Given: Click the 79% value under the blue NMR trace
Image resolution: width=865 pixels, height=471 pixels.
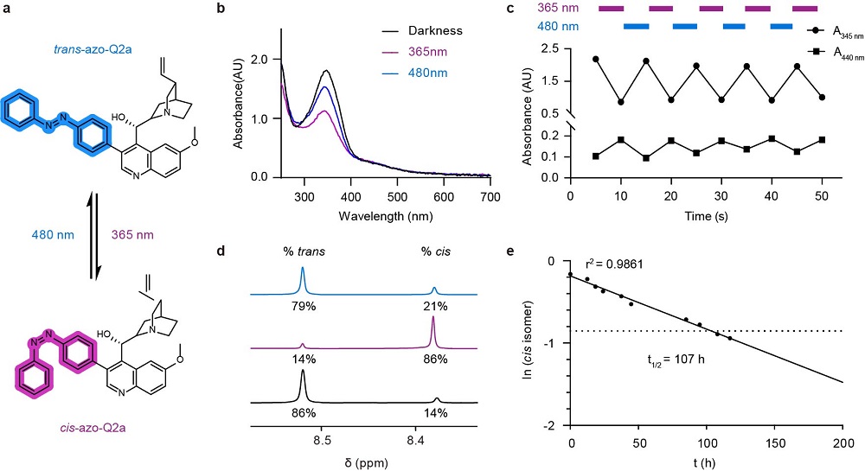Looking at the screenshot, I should [x=303, y=306].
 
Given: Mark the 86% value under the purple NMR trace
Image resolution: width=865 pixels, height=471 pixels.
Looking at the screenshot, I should [x=434, y=360].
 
